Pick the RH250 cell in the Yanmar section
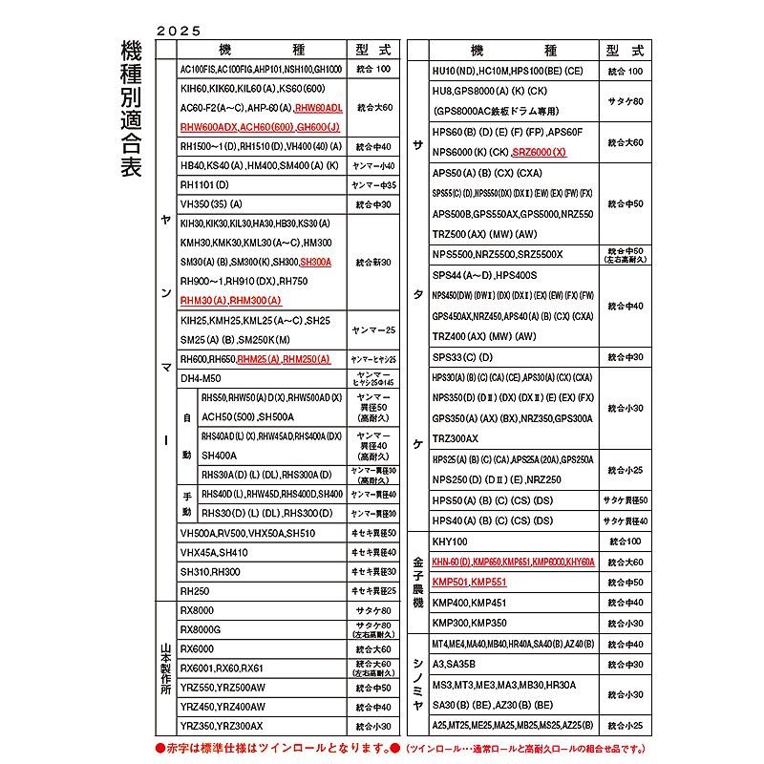[195, 591]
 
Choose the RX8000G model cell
[201, 629]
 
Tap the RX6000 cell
[197, 648]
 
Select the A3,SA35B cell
[454, 664]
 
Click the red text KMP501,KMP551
[469, 582]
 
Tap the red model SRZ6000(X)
[540, 152]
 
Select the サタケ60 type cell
[626, 100]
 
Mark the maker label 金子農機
[417, 582]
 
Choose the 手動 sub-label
[187, 502]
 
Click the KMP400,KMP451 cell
[469, 602]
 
